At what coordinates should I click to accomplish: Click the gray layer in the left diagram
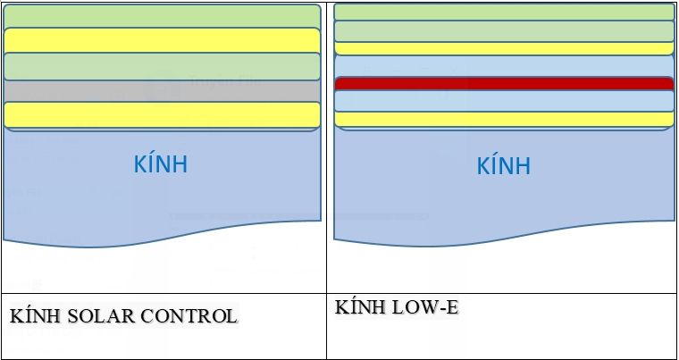click(162, 91)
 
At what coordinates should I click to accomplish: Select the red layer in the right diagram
click(504, 84)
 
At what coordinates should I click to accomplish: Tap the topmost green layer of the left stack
click(162, 16)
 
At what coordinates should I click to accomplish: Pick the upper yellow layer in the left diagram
click(162, 40)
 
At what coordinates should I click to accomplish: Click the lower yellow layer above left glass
click(162, 114)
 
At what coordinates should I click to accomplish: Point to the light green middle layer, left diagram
click(162, 66)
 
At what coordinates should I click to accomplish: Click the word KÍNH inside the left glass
click(161, 165)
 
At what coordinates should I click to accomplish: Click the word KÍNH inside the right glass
click(504, 166)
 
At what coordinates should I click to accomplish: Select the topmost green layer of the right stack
click(504, 12)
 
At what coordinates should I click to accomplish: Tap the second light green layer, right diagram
click(504, 31)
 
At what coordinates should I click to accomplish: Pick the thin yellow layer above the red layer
click(504, 48)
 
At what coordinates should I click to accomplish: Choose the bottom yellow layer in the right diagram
click(504, 119)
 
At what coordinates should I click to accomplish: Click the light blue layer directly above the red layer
click(504, 66)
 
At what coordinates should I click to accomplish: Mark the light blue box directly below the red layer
click(504, 100)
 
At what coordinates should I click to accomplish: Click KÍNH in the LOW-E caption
click(359, 308)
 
